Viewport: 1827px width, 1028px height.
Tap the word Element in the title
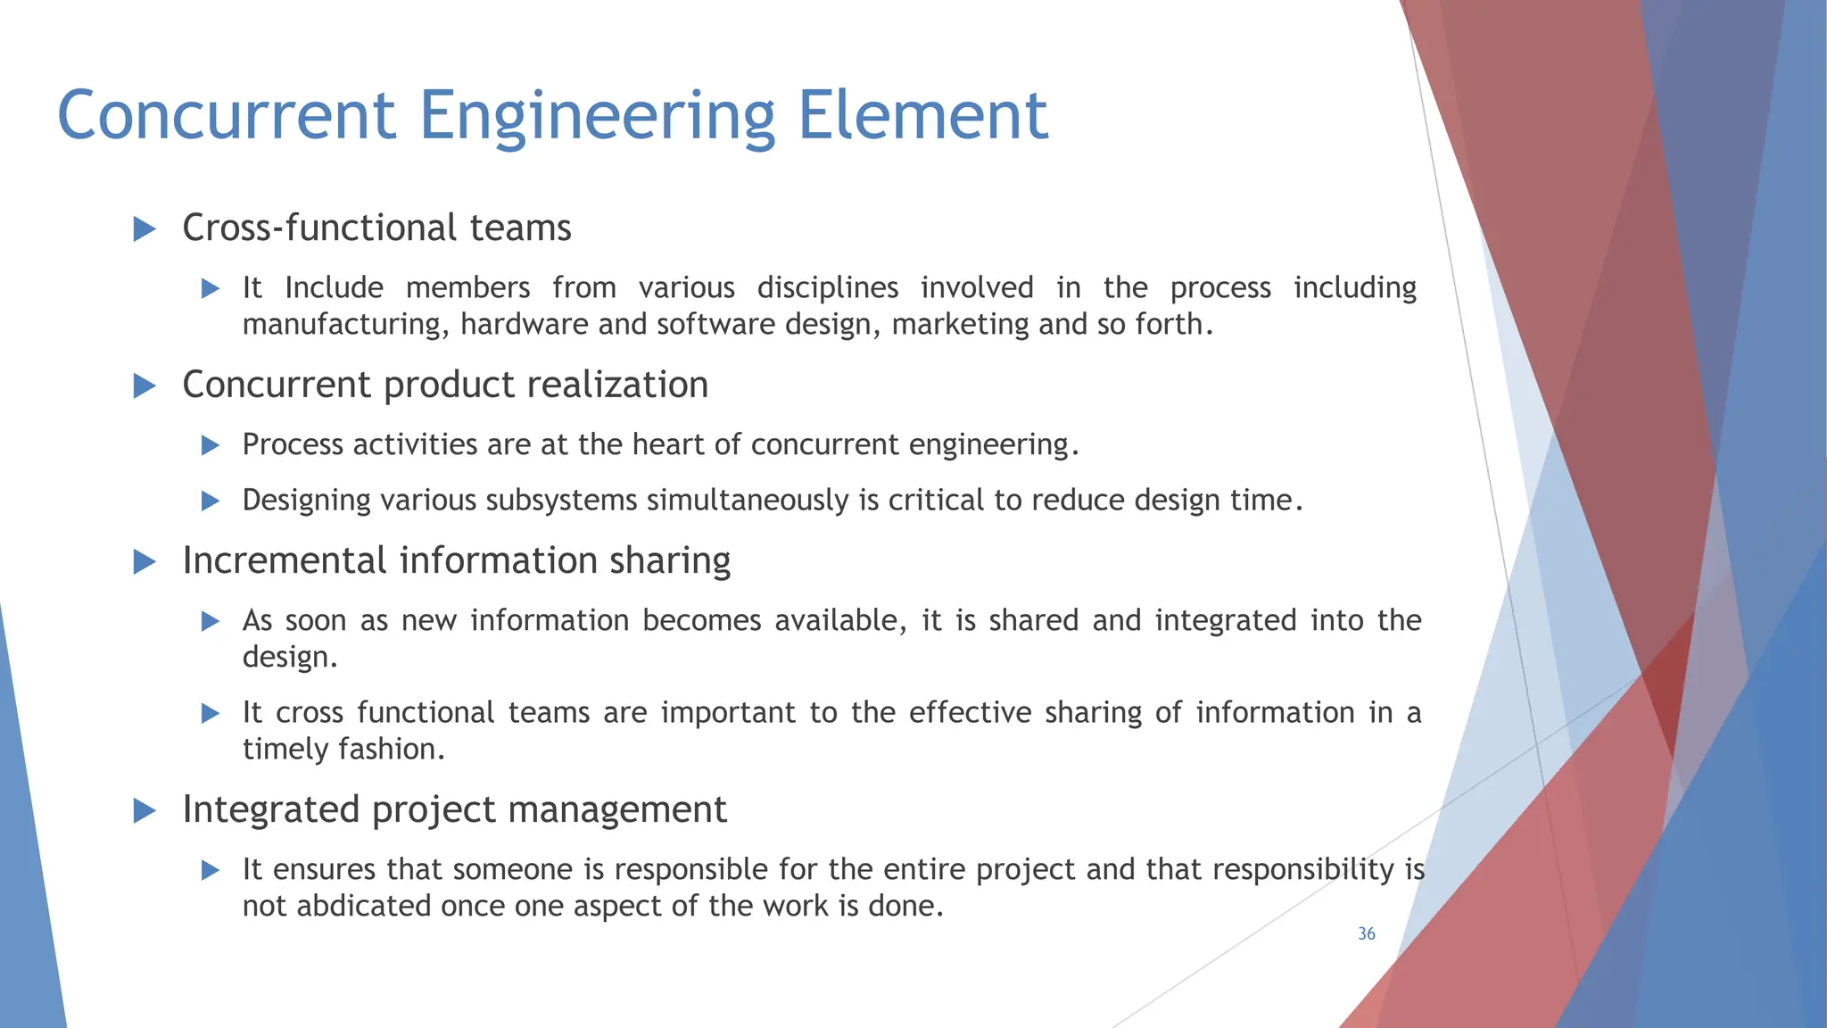click(x=922, y=116)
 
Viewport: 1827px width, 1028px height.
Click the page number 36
click(x=1366, y=933)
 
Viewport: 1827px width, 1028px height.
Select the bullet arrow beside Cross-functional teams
click(x=145, y=229)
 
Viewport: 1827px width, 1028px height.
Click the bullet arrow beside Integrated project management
click(x=145, y=811)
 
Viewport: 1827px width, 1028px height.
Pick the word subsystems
click(x=561, y=501)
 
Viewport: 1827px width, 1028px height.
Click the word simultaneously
click(x=748, y=501)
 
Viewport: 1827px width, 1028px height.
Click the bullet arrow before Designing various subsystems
click(x=211, y=501)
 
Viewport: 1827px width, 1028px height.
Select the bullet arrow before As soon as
click(x=211, y=621)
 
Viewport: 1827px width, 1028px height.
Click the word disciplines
click(x=827, y=288)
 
